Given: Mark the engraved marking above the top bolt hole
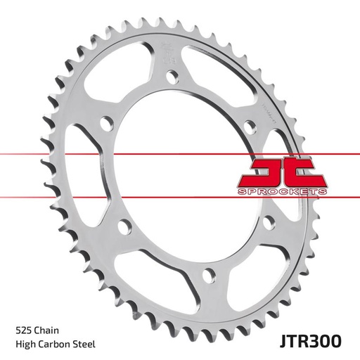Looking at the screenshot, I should pos(169,55).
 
